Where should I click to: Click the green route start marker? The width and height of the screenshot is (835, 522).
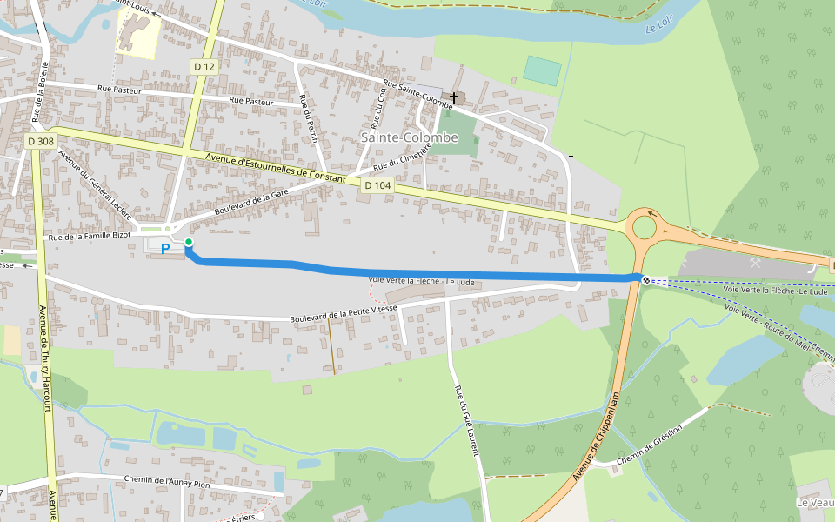(189, 242)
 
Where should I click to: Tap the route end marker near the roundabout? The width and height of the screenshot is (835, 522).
(645, 279)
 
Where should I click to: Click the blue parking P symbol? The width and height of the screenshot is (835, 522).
(164, 249)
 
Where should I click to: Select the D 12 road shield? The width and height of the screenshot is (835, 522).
(204, 66)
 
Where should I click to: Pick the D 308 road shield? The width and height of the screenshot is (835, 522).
(40, 141)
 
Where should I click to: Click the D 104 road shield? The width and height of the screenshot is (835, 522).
(377, 185)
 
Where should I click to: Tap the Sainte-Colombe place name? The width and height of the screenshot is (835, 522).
(409, 137)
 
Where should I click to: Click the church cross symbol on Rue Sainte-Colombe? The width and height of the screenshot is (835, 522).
(454, 98)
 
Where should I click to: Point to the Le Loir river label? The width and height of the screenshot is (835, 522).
(661, 30)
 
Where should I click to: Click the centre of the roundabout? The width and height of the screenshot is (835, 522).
(645, 227)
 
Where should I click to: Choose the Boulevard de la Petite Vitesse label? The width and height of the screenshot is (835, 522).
(344, 314)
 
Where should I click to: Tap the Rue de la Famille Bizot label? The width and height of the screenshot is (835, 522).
(89, 236)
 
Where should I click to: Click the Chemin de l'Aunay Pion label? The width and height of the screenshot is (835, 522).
(167, 480)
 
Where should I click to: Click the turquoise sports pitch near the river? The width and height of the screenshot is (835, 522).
(543, 70)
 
